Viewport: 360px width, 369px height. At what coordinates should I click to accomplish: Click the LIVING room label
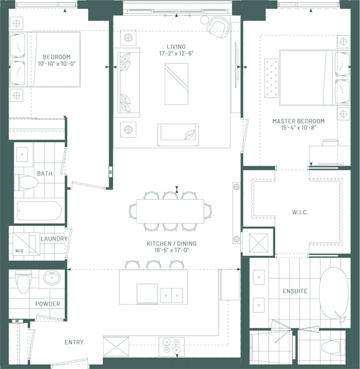point(176,47)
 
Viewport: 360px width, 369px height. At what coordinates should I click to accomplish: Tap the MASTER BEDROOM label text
point(299,121)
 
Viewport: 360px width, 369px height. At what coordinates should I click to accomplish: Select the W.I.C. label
point(300,212)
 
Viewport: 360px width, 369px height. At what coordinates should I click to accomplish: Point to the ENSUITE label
point(295,291)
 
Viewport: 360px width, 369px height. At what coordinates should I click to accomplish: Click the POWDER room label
point(47,304)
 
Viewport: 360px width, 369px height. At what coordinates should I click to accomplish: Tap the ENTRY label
point(74,342)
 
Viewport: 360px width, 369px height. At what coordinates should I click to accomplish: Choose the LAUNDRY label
point(54,239)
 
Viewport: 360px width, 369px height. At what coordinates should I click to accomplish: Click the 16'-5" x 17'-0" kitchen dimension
point(171,250)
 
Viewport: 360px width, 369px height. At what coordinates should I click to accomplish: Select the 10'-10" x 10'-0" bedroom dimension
point(57,64)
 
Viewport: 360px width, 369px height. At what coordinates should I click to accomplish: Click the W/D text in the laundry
point(19,251)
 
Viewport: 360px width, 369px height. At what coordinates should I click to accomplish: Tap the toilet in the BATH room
point(26,182)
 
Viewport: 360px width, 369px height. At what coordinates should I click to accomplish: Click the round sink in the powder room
point(52,278)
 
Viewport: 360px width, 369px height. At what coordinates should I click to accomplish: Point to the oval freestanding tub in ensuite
point(334,293)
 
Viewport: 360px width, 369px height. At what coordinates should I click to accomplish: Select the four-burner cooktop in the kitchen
point(171,346)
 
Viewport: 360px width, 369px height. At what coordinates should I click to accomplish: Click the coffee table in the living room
point(176,84)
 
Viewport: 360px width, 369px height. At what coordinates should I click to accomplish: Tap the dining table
point(170,211)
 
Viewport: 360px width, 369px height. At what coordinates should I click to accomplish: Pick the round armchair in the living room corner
point(219,27)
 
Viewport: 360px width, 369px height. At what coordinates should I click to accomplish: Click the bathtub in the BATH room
point(39,211)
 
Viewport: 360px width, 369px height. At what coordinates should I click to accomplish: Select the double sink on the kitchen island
point(171,295)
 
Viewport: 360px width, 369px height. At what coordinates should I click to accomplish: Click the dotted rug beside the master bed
point(272,78)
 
